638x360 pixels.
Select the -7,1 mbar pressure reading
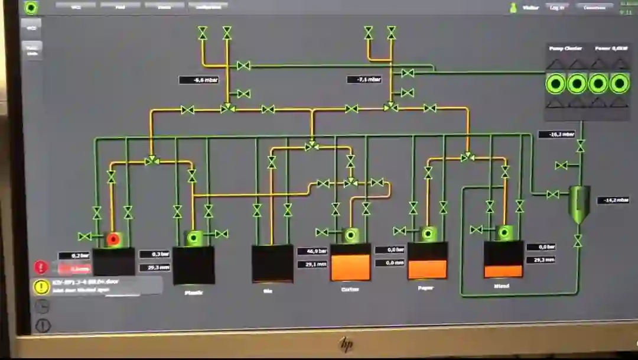pos(364,79)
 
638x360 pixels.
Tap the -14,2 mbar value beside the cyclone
pos(613,200)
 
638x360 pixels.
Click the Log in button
pos(556,7)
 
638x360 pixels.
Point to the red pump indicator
pos(113,239)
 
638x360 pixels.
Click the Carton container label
pos(350,289)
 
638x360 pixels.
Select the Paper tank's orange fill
pos(427,269)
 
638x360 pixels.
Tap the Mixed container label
pos(502,286)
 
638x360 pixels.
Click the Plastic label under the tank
pos(194,292)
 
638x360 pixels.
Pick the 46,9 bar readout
pos(313,251)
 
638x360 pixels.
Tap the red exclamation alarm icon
pos(41,267)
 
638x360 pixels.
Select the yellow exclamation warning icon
pos(41,287)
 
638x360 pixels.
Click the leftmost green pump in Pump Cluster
pos(555,84)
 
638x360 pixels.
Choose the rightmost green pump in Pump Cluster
pos(619,84)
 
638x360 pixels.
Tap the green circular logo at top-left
pos(31,7)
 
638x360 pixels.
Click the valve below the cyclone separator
pos(578,241)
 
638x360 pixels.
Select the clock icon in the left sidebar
pos(42,306)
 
